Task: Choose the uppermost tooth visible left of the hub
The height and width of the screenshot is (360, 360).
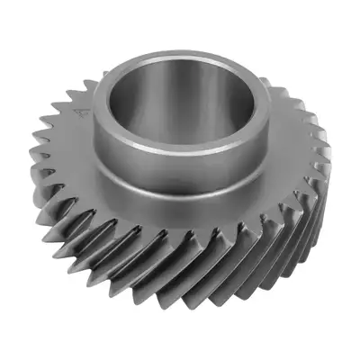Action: pos(90,85)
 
